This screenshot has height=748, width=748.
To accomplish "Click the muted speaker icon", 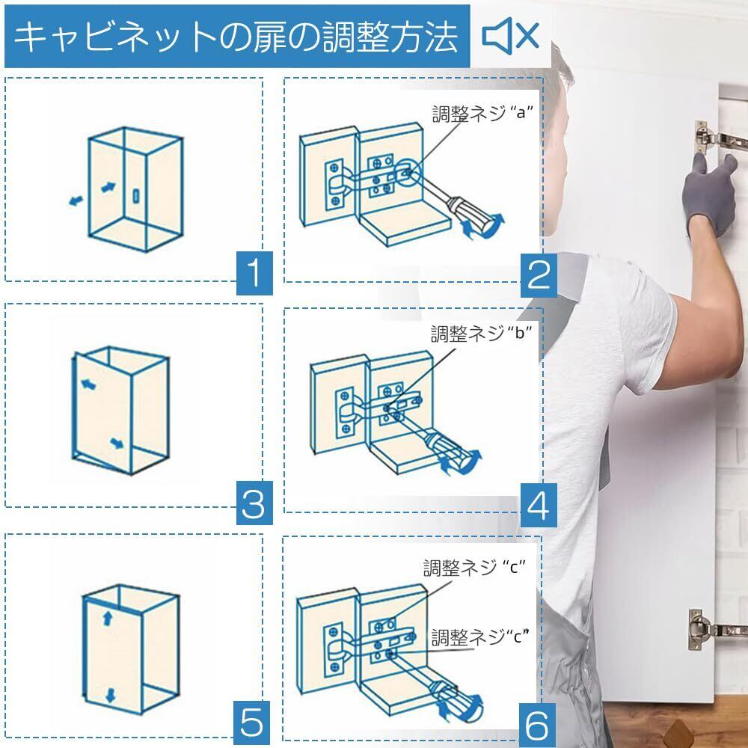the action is click(510, 35).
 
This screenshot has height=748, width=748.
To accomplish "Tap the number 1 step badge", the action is click(254, 273).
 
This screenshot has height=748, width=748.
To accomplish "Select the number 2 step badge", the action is click(539, 275).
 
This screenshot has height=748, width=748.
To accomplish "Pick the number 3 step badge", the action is click(254, 503).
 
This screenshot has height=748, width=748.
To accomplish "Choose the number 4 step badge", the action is click(539, 505).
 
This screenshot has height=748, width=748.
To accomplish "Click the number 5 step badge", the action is click(251, 723).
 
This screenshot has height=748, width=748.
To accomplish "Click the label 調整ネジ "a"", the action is click(482, 114).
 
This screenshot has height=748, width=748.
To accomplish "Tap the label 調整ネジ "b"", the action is click(481, 333).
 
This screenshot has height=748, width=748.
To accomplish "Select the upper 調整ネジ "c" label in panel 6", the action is click(474, 568).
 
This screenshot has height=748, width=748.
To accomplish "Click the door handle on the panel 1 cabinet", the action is click(136, 195).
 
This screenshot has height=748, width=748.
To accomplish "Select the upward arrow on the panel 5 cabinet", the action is click(107, 619).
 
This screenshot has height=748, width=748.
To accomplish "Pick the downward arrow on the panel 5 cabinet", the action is click(110, 696).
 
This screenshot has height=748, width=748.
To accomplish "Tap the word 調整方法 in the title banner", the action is click(390, 37).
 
